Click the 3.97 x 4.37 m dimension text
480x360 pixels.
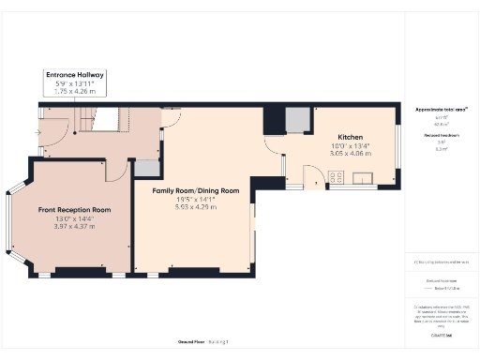[x=75, y=226]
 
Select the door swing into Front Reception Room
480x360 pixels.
[x=115, y=170]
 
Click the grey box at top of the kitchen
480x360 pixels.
[x=298, y=119]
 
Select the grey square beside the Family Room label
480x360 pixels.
[x=147, y=168]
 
